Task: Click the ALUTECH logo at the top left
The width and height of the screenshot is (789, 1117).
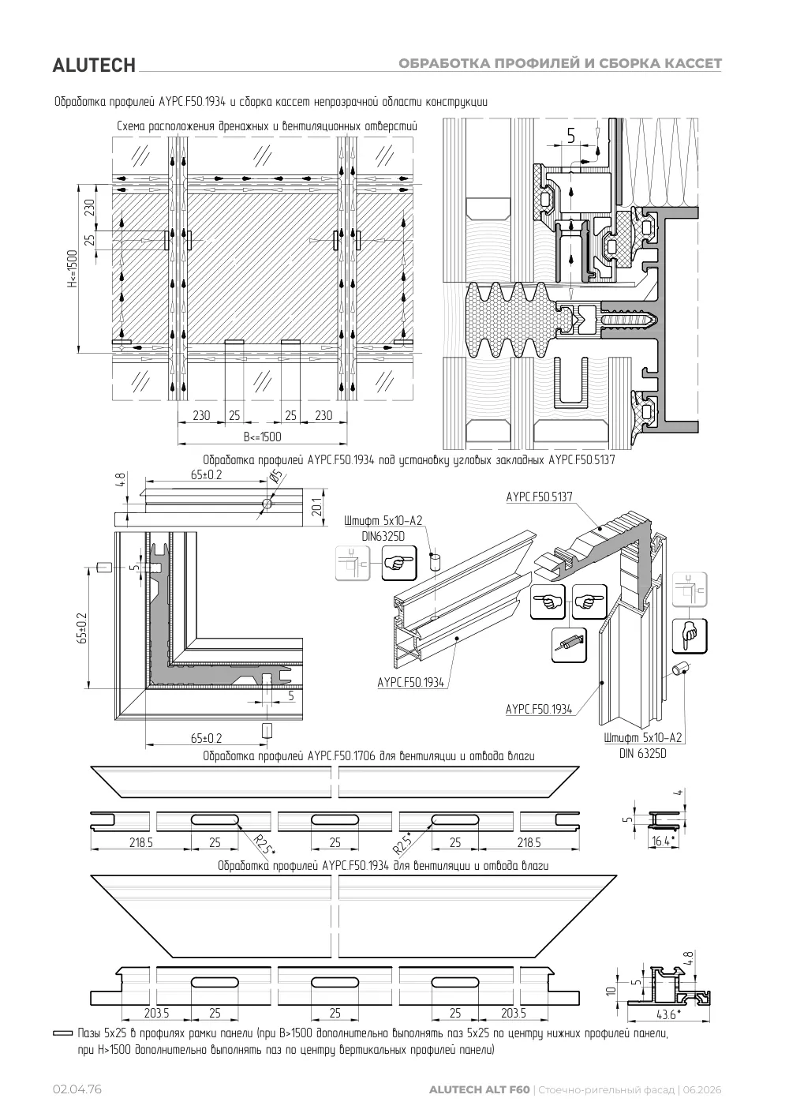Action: tap(94, 66)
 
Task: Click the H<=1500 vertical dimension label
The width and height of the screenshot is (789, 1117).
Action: tap(73, 268)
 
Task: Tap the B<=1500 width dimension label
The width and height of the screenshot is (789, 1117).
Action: tap(262, 437)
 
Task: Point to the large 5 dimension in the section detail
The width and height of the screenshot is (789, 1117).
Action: tap(570, 135)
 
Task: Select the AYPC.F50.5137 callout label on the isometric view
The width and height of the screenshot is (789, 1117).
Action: tap(540, 497)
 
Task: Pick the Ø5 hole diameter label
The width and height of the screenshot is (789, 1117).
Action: tap(276, 478)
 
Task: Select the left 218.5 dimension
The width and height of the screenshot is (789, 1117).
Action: tap(141, 843)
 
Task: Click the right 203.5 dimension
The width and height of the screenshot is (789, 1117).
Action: tap(514, 1014)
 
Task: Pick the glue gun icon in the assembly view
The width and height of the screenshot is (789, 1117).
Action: tap(569, 645)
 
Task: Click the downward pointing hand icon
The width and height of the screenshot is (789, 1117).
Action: tap(690, 636)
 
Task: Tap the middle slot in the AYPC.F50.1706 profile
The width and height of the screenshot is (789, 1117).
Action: tap(335, 819)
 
